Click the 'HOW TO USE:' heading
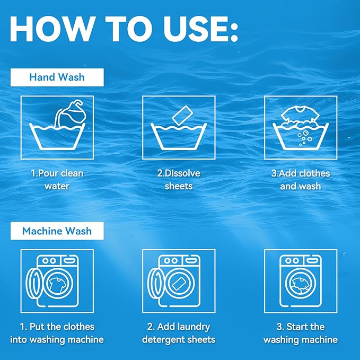click(124, 29)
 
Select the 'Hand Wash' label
click(57, 77)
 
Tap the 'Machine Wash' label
click(57, 231)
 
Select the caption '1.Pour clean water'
click(57, 180)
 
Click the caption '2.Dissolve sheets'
click(179, 180)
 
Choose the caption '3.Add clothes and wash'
click(300, 180)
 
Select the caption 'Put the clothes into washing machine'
click(57, 333)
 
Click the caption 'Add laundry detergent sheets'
click(179, 333)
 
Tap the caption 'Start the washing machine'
click(300, 333)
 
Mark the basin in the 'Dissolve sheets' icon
click(179, 137)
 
